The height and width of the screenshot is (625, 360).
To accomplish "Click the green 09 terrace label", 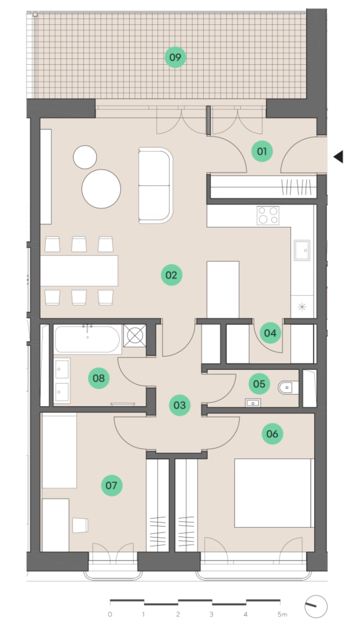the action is click(175, 57).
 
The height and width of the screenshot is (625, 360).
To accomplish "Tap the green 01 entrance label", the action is click(262, 151).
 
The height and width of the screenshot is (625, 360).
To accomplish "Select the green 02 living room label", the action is click(171, 275).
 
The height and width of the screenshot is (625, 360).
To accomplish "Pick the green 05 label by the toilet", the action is click(259, 384).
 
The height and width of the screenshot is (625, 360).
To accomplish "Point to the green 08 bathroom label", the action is click(99, 378).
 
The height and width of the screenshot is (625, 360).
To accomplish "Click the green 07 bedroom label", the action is click(112, 485).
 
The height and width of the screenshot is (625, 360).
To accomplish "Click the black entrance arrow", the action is click(338, 156).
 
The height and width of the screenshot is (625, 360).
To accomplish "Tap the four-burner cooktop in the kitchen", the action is click(268, 216).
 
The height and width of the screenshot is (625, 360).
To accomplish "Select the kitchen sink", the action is click(302, 251).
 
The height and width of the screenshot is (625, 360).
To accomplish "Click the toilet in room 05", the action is click(288, 387).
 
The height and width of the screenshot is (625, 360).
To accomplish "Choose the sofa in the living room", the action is click(155, 186).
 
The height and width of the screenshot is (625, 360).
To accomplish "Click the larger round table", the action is click(101, 189).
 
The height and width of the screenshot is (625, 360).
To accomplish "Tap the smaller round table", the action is click(85, 157).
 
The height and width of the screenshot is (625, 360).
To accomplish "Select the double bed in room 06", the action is click(273, 493).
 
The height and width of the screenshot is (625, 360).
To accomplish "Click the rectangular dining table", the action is click(79, 271).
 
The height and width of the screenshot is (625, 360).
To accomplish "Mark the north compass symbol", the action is click(316, 606).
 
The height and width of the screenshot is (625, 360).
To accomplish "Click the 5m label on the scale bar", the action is click(282, 614).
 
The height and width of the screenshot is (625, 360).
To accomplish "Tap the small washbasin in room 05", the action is click(253, 403).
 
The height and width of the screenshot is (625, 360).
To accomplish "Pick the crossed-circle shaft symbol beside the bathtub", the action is click(135, 336).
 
